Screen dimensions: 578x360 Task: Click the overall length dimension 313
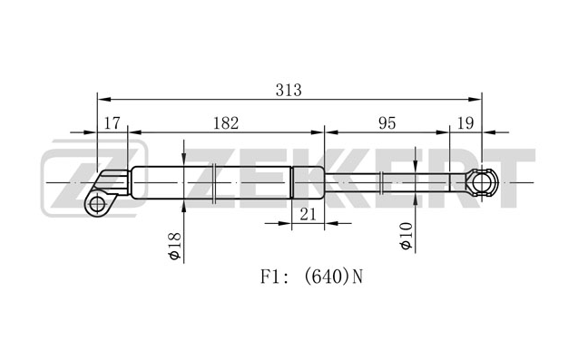(x=289, y=90)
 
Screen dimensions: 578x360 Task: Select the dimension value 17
(x=112, y=123)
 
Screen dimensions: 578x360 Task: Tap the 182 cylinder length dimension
(x=226, y=123)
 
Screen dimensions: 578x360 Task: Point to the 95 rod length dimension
(x=387, y=123)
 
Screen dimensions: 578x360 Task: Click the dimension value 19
(x=465, y=123)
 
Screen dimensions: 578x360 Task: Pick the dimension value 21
(x=308, y=214)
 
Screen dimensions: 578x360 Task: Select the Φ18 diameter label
(x=175, y=246)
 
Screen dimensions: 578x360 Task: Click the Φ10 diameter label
(x=407, y=236)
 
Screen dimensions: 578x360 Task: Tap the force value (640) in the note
(x=326, y=277)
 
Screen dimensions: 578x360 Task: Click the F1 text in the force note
(x=269, y=277)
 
